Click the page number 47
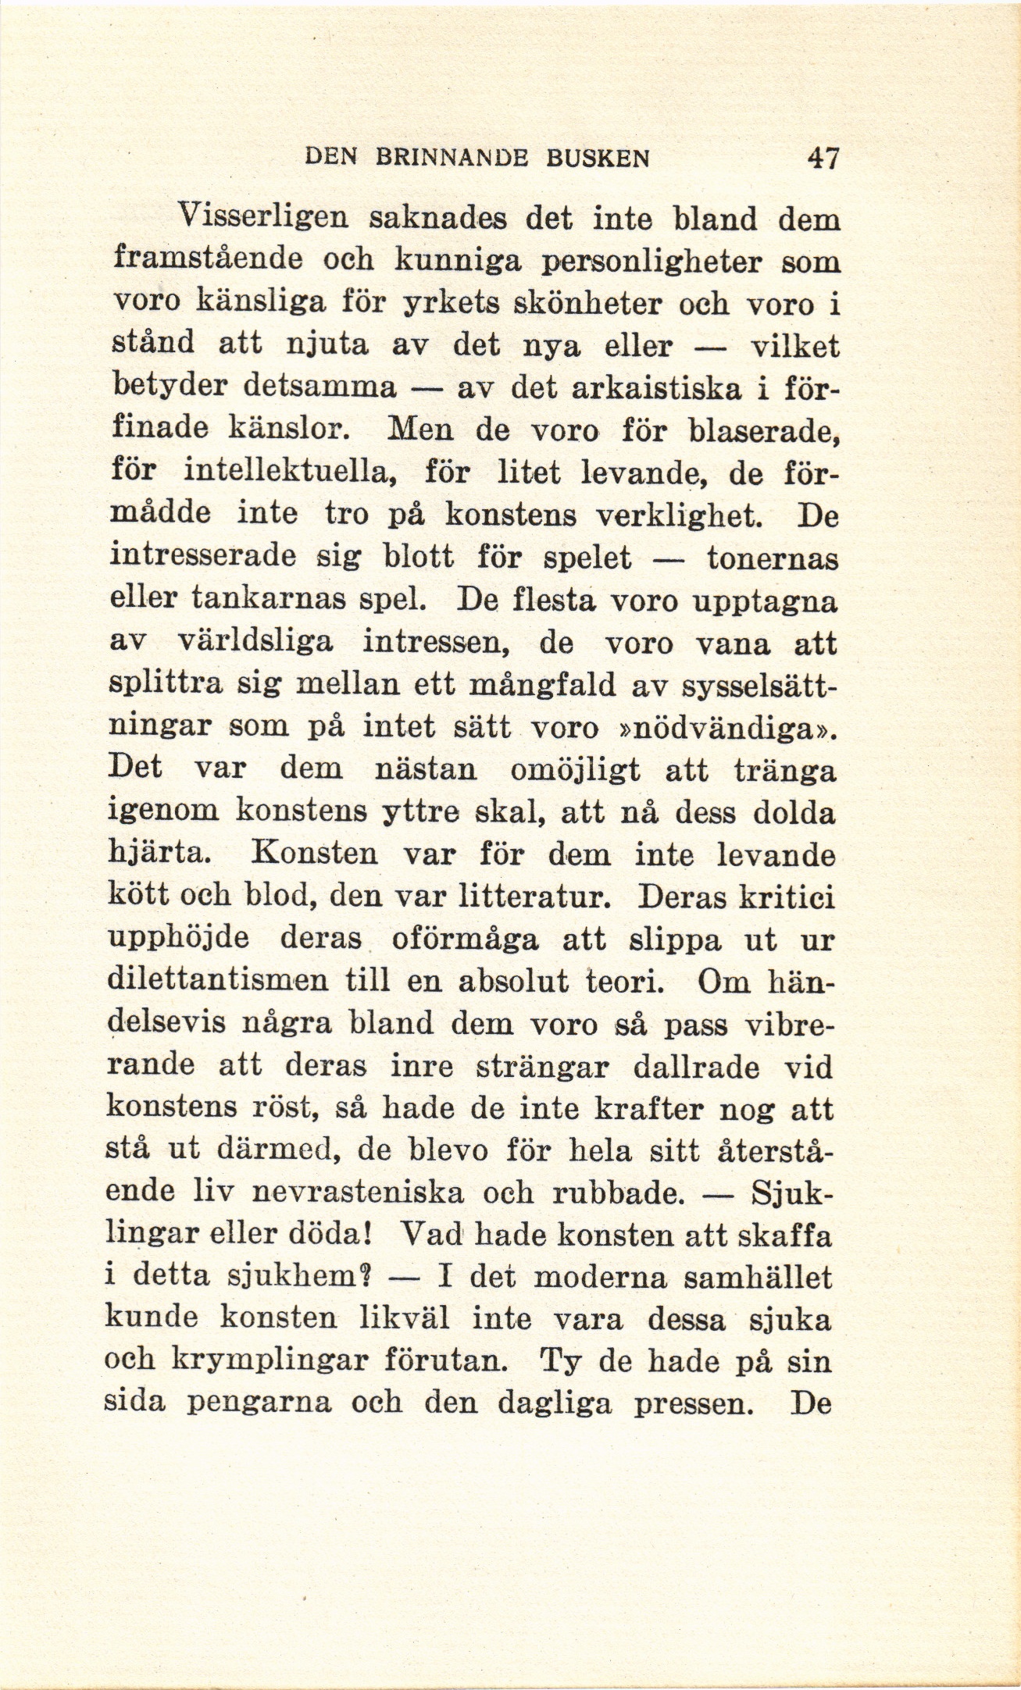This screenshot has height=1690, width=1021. click(x=823, y=159)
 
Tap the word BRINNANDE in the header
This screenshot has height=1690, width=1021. click(x=452, y=159)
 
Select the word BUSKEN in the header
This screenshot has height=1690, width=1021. click(x=598, y=159)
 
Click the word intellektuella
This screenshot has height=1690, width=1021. click(x=293, y=472)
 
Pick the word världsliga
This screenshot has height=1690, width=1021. click(x=257, y=644)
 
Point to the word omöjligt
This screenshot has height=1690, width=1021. click(x=574, y=770)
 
